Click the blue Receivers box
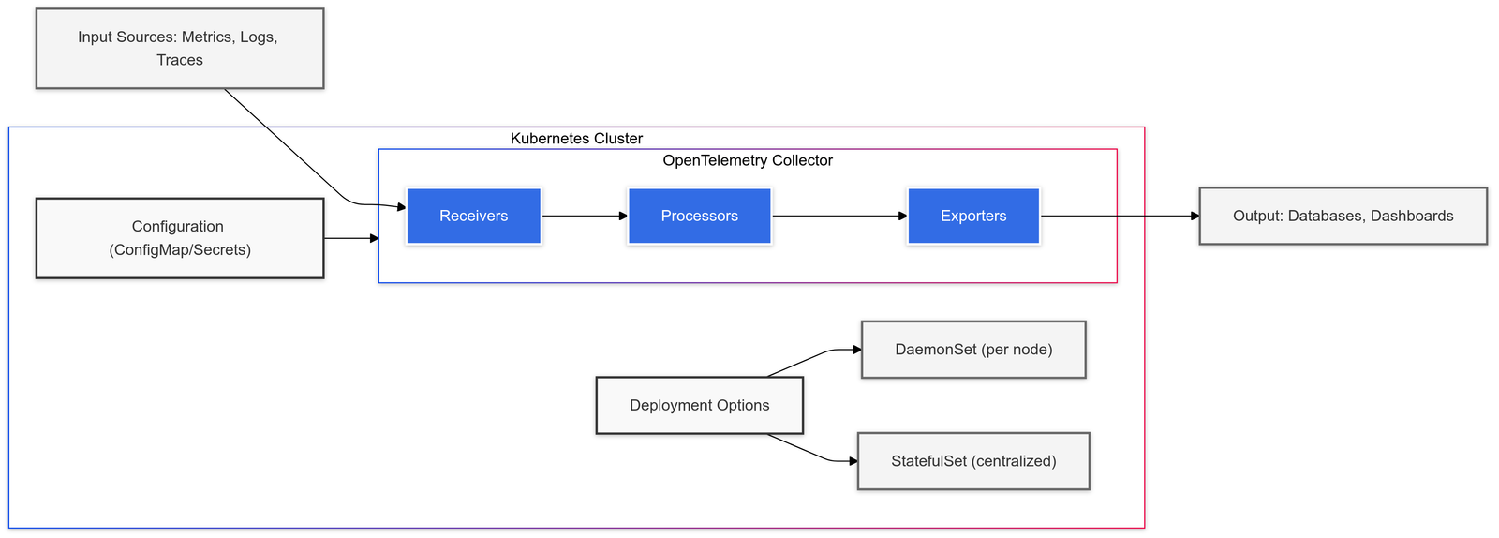(x=473, y=217)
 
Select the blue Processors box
(x=699, y=217)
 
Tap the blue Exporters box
(x=973, y=217)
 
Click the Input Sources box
(x=180, y=49)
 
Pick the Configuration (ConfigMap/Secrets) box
(x=180, y=238)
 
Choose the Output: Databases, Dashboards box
(x=1343, y=217)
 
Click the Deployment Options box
(x=699, y=406)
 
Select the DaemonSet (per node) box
(x=973, y=350)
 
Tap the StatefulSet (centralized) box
(x=973, y=461)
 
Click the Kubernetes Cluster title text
(x=576, y=139)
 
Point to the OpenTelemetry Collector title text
(x=748, y=161)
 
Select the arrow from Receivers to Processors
(x=584, y=217)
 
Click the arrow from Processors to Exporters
(x=839, y=217)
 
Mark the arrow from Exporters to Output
(x=1120, y=217)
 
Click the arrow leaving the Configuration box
(x=351, y=239)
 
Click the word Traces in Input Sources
(x=180, y=60)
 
